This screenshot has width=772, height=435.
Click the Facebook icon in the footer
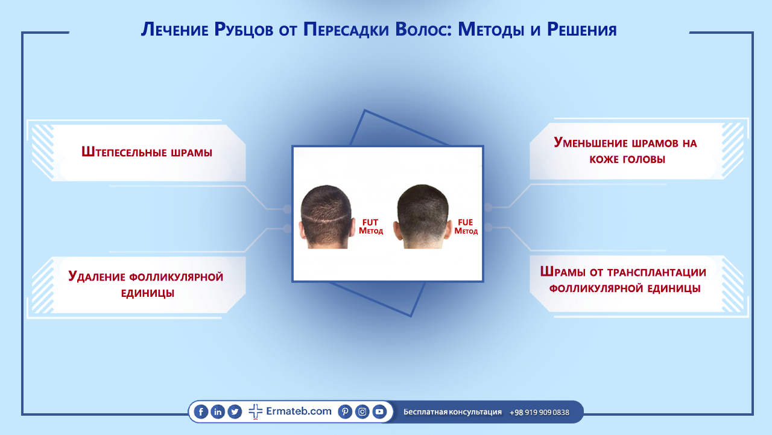(201, 411)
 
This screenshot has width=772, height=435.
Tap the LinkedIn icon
(218, 411)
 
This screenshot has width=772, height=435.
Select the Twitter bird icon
(235, 411)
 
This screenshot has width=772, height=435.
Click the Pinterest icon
(345, 411)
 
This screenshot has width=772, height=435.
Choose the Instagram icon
(362, 411)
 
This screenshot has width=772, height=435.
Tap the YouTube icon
(379, 411)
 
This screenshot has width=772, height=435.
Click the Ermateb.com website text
(299, 411)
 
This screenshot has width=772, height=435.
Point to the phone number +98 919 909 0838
(539, 412)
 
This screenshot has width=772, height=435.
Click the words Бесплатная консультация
(452, 412)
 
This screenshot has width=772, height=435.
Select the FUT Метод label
(371, 226)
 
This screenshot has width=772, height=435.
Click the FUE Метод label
(466, 226)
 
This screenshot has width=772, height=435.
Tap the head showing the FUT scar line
(326, 217)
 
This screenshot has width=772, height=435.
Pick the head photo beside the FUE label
(423, 217)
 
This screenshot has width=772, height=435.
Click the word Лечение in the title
(175, 30)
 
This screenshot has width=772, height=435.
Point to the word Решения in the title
(582, 30)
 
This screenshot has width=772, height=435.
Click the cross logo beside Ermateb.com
(255, 411)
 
